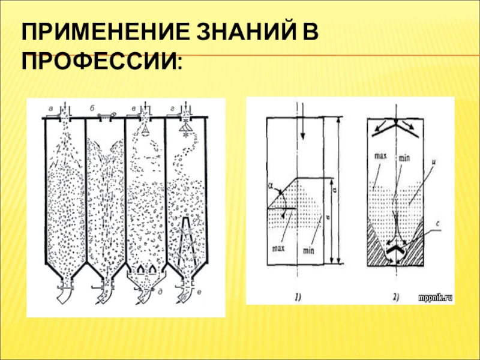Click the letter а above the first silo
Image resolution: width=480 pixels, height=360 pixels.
(x=51, y=109)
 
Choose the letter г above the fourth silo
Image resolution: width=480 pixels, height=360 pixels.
(x=173, y=108)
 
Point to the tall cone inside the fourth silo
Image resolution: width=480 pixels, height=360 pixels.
(x=188, y=240)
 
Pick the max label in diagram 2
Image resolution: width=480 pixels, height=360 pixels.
(x=379, y=157)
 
